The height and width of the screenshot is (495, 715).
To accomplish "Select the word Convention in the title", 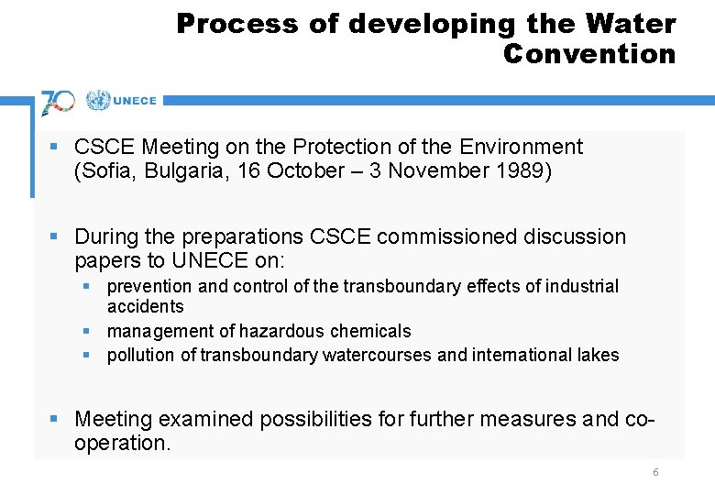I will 588,54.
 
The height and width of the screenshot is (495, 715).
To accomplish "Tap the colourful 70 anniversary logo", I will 58,101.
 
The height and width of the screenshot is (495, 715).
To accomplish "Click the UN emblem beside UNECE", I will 97,101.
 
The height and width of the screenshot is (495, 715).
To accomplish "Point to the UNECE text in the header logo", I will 136,102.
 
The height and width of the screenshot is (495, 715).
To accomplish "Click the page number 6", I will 655,472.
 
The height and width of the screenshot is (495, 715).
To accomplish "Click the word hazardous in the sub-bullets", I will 281,331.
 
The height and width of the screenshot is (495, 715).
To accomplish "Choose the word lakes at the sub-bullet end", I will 599,355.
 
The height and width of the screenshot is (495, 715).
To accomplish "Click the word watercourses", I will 378,355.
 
